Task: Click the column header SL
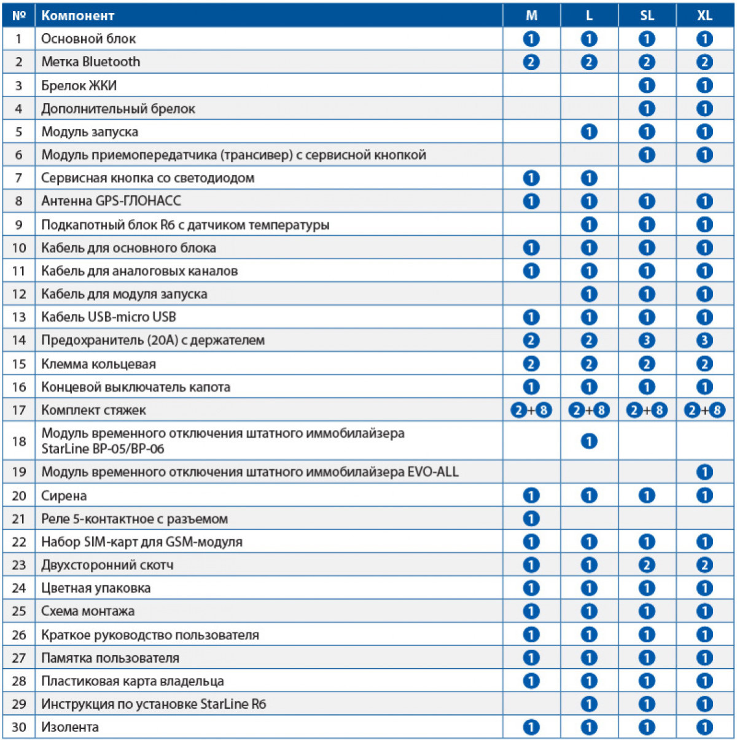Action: pos(647,15)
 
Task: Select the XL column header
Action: pos(704,15)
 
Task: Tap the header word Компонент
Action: pos(78,15)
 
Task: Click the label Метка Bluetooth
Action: pos(91,62)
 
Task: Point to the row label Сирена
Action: pos(64,496)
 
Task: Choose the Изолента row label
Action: pos(70,727)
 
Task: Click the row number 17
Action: pos(19,410)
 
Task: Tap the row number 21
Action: pos(19,519)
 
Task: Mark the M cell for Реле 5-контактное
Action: pos(531,519)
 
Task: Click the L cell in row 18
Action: pos(589,441)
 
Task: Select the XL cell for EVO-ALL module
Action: pos(704,472)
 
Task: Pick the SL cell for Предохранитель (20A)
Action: pos(647,340)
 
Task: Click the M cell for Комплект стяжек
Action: pos(531,410)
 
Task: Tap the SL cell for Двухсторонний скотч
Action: pos(647,565)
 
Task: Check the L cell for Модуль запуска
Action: pos(589,131)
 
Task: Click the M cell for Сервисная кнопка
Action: pos(531,178)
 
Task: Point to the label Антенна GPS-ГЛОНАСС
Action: pos(111,201)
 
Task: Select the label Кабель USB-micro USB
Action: pos(109,317)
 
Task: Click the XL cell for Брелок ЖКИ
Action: pos(704,85)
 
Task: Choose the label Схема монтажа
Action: pos(88,611)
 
